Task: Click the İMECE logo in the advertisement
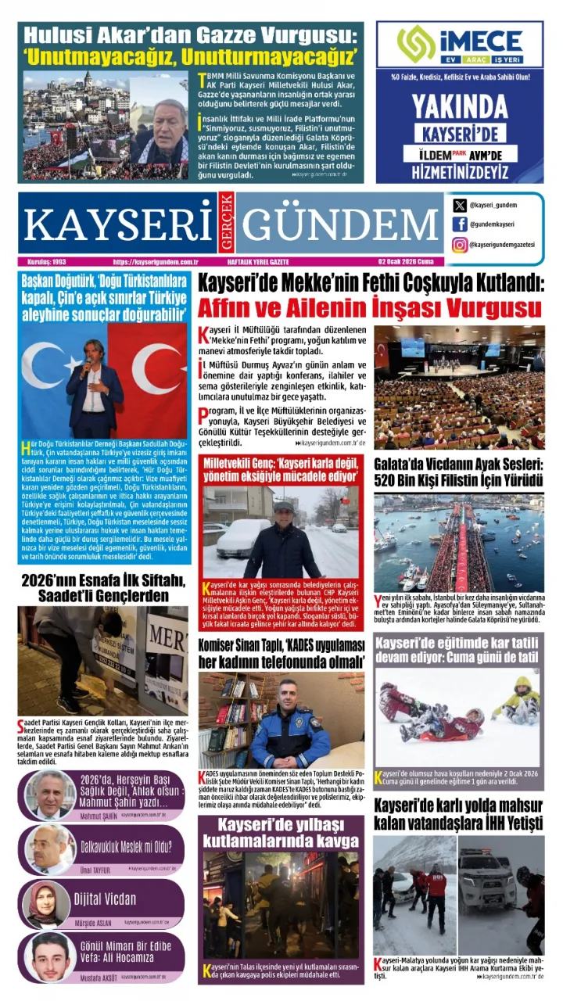[459, 45]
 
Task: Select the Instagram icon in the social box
[460, 245]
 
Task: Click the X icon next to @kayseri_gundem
[460, 205]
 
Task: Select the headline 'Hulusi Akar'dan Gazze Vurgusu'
[192, 35]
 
